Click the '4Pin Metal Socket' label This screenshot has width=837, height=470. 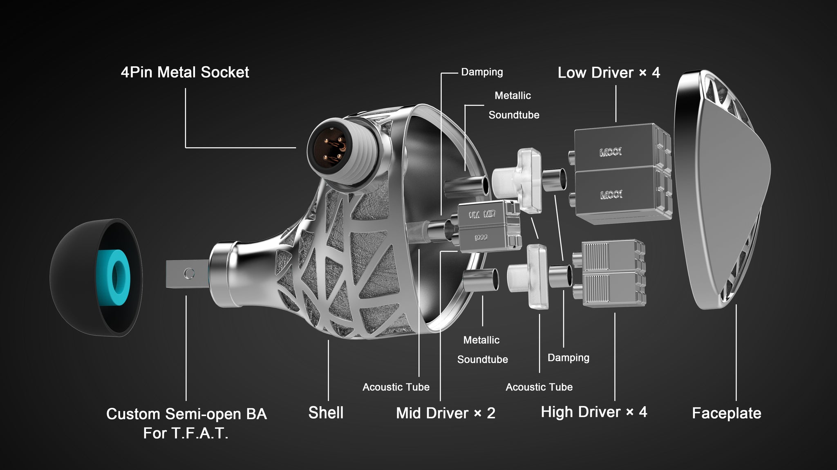[x=185, y=72]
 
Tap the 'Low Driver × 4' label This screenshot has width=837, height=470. [x=609, y=73]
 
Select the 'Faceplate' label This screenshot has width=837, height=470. [x=726, y=413]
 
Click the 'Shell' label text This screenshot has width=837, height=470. [x=326, y=413]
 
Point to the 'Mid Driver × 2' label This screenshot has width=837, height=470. [x=445, y=413]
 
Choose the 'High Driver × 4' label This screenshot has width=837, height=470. [x=594, y=412]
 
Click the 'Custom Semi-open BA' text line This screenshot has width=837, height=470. [x=186, y=414]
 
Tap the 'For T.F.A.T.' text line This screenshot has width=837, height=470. [x=186, y=433]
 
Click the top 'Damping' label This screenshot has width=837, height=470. [x=482, y=72]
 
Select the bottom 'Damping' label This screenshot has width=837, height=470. [x=568, y=358]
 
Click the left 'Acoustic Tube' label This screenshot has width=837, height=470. [x=396, y=387]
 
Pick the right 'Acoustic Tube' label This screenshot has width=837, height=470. [x=539, y=387]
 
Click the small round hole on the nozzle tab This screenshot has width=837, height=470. [x=189, y=273]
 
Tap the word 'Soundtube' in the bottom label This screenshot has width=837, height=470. [x=482, y=360]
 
